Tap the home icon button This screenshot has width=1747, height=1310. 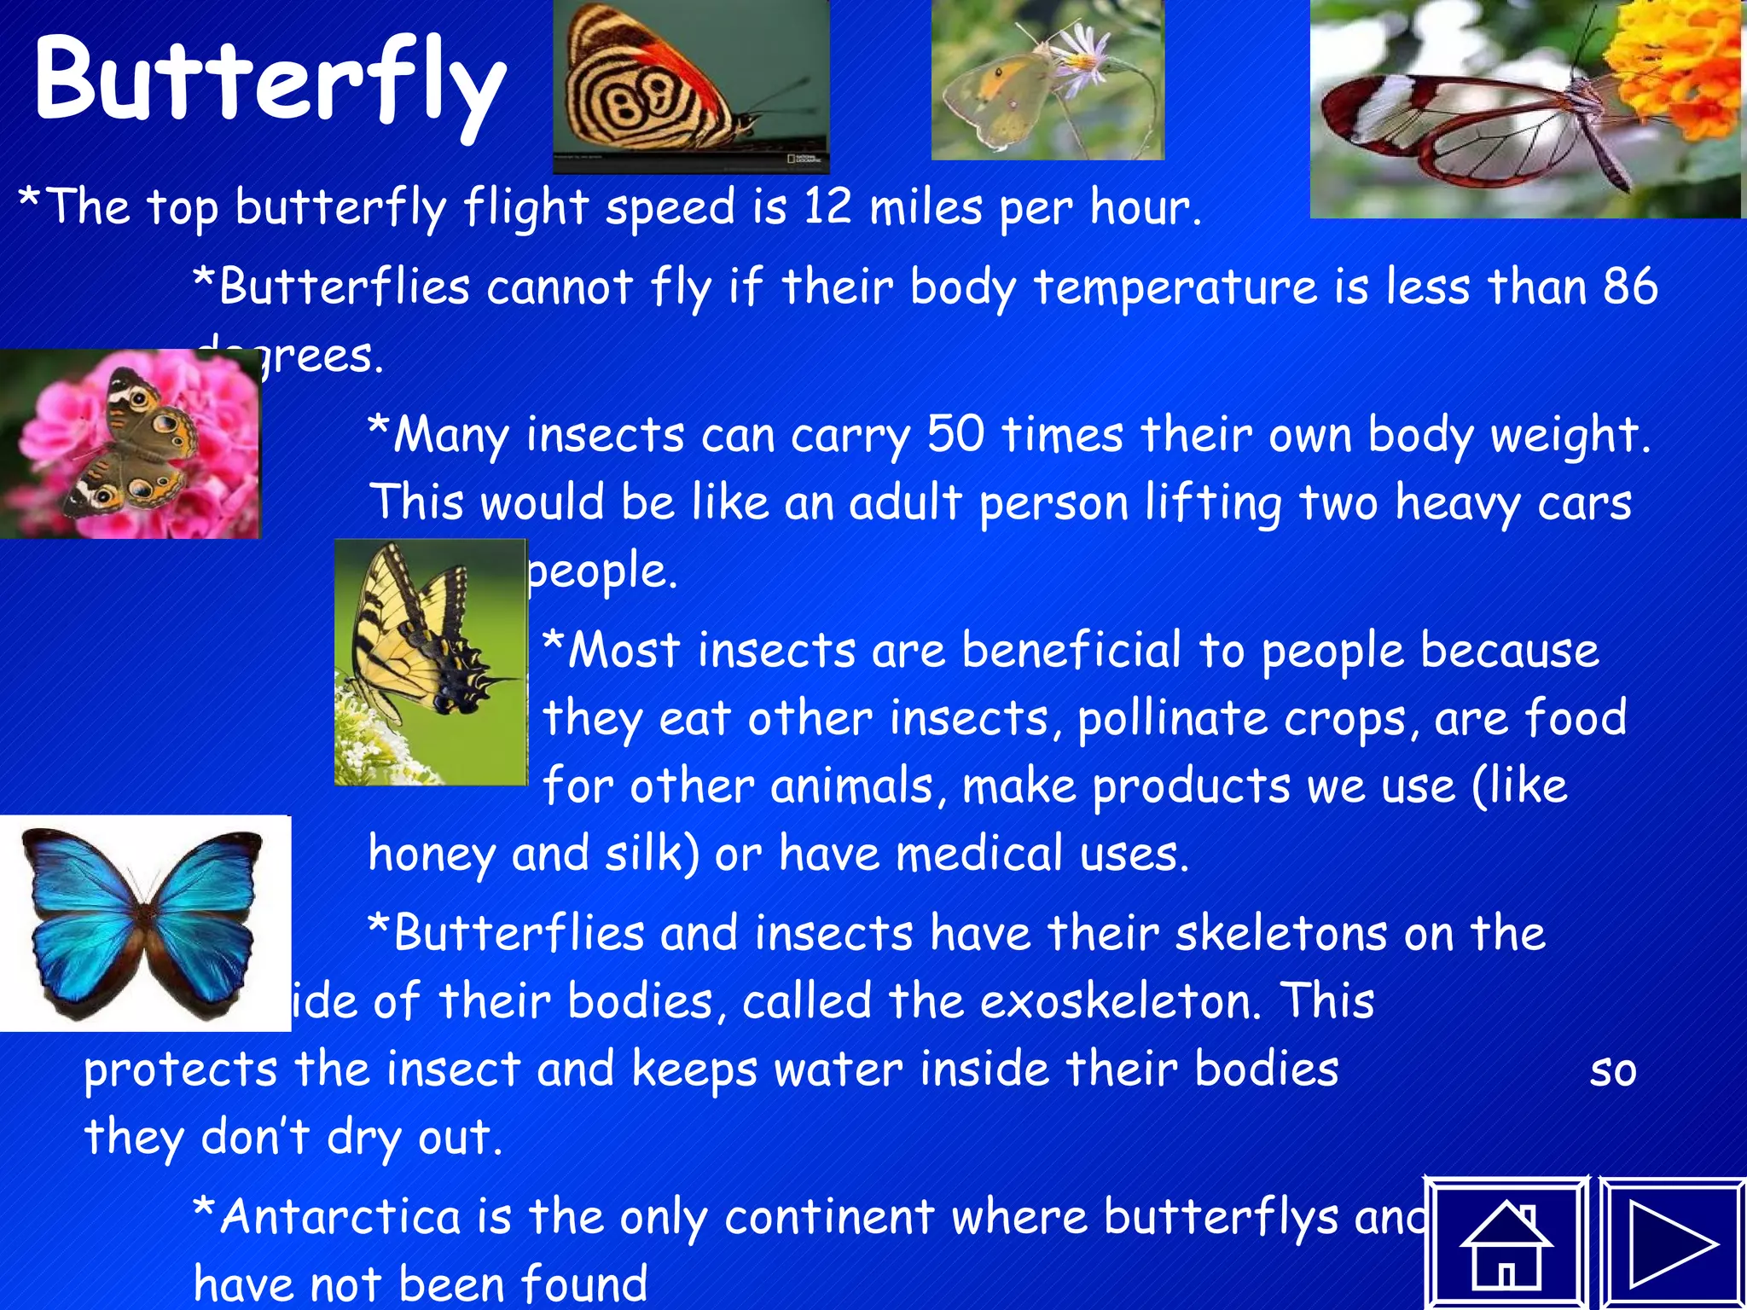pyautogui.click(x=1506, y=1244)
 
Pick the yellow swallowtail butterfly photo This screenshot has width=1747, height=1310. pyautogui.click(x=431, y=662)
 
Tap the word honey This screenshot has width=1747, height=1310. pyautogui.click(x=431, y=855)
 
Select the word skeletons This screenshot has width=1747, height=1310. pyautogui.click(x=1280, y=933)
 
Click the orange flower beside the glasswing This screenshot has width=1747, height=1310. pyautogui.click(x=1676, y=64)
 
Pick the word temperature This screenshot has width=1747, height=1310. pyautogui.click(x=1175, y=287)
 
